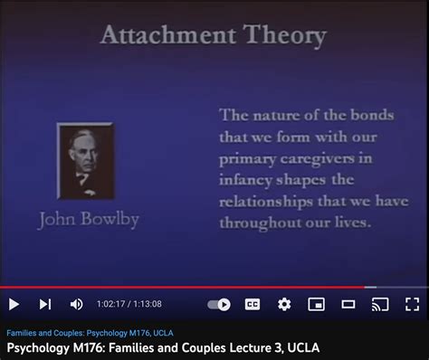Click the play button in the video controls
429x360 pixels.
point(14,304)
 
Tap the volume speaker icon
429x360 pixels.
point(76,304)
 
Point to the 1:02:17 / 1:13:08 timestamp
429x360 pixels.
point(130,304)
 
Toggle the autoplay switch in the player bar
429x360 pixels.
point(219,304)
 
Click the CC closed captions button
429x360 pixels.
point(253,304)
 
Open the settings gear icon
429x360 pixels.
point(284,304)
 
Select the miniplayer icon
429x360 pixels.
point(316,304)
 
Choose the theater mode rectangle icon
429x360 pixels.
point(348,304)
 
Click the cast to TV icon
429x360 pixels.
point(380,304)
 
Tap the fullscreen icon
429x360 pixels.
point(412,304)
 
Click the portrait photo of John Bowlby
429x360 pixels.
point(85,161)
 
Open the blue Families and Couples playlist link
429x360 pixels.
point(90,332)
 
